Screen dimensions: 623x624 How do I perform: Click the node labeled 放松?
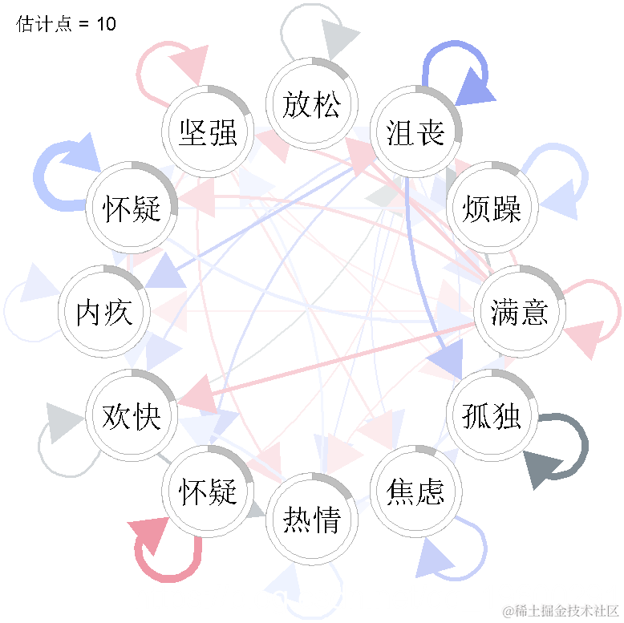(x=312, y=104)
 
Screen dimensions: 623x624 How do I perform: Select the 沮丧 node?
(x=415, y=132)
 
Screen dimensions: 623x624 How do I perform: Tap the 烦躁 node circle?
(x=492, y=208)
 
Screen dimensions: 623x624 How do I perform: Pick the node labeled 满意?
(x=520, y=311)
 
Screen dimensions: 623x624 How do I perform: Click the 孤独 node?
(x=492, y=415)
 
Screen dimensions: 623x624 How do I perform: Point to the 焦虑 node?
(x=415, y=491)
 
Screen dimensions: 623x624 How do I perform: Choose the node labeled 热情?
(x=312, y=520)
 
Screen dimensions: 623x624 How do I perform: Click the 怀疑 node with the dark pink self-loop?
(x=208, y=491)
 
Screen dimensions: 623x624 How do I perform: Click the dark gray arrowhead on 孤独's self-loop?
(x=542, y=468)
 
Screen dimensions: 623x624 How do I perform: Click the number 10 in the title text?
(x=106, y=24)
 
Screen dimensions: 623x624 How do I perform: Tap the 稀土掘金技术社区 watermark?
(x=561, y=611)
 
